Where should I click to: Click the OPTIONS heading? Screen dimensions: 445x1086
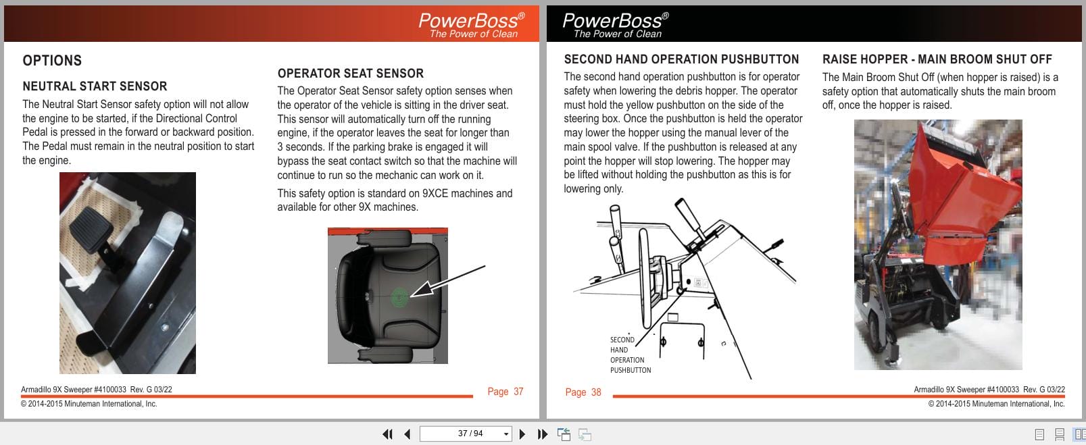coord(52,61)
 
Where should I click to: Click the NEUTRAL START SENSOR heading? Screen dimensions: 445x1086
coord(95,86)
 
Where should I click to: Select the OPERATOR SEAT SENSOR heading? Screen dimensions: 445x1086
coord(350,74)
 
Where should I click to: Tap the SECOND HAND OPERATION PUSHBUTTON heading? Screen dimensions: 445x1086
coord(681,59)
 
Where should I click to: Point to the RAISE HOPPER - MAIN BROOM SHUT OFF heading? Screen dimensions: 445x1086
coord(937,59)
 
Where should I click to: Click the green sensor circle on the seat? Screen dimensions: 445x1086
coord(400,296)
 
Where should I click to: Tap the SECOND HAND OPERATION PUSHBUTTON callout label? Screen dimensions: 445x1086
coord(630,355)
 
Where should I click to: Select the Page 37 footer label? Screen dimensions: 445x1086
coord(505,392)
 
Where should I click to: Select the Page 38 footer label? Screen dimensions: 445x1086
coord(583,392)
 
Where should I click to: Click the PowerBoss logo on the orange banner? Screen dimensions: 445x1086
coord(471,24)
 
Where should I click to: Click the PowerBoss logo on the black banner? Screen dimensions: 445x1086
coord(615,24)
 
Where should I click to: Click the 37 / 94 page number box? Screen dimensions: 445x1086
coord(464,434)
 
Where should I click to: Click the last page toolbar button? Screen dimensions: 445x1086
coord(542,434)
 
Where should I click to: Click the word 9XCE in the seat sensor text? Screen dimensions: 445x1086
coord(440,194)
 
